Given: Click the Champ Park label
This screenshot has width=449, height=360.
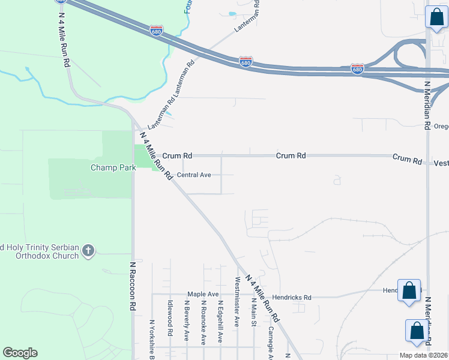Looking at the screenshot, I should [x=113, y=167].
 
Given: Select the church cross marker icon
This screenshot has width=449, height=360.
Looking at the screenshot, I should [x=88, y=250].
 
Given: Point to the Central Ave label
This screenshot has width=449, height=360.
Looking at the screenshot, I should [x=194, y=175].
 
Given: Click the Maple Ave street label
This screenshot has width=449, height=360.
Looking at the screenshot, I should [x=203, y=294].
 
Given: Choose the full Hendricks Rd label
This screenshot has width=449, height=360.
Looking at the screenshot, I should [x=291, y=297].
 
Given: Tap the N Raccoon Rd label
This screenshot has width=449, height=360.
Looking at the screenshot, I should [x=132, y=286].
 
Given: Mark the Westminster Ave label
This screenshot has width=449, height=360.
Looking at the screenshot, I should [x=237, y=302].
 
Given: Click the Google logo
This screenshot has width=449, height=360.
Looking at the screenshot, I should [x=20, y=353].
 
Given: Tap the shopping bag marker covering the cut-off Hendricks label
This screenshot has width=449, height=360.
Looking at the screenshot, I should [x=409, y=291].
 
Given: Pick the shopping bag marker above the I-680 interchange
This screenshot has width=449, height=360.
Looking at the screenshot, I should [x=436, y=17].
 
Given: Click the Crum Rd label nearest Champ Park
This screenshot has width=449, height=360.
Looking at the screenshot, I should [x=177, y=155].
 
